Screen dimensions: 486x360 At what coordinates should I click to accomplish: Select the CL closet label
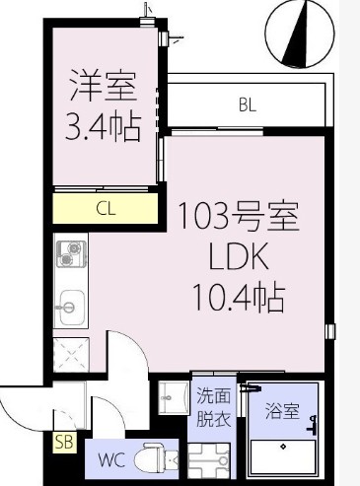click(105, 207)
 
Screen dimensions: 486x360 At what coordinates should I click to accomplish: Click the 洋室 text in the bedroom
click(102, 87)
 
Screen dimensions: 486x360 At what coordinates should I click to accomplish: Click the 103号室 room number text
click(236, 215)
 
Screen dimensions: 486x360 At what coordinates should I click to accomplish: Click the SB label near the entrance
click(64, 440)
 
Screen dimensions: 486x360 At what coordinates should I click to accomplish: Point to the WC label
click(110, 458)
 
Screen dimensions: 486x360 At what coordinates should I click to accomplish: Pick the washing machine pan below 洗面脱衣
click(212, 459)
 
